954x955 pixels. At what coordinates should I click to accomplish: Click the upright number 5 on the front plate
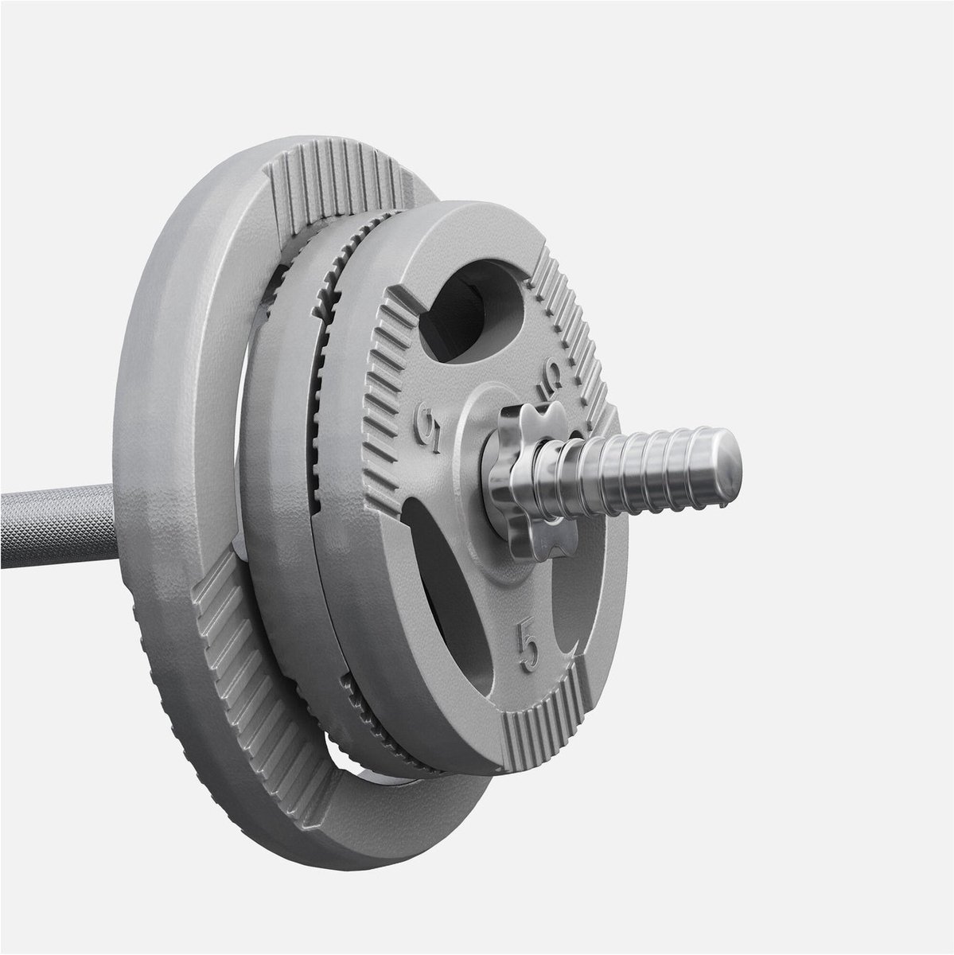[x=528, y=648]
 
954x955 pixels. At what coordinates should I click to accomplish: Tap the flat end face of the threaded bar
[x=726, y=465]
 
